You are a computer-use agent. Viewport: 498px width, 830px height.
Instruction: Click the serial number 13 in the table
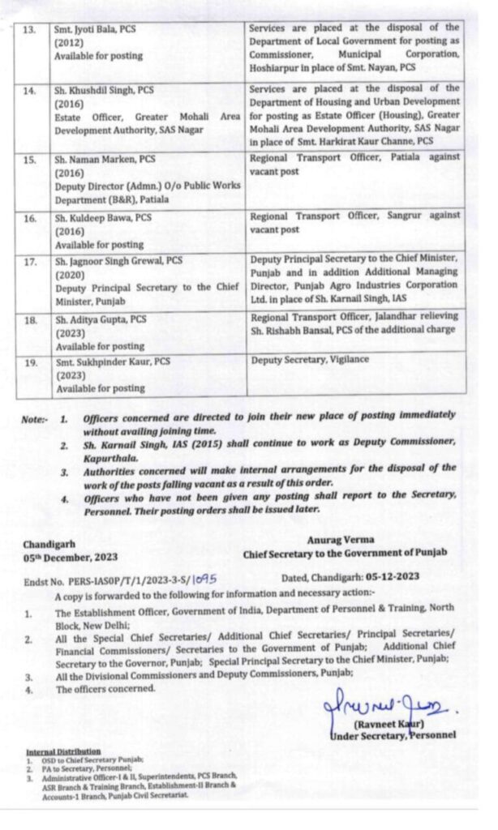(x=29, y=29)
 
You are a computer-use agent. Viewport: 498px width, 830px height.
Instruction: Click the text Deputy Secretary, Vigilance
(x=310, y=359)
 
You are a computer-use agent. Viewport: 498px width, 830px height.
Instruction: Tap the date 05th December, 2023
(x=71, y=557)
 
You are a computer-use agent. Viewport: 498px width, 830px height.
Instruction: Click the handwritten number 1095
(x=208, y=580)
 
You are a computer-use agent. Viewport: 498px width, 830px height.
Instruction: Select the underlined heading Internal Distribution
(x=63, y=751)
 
